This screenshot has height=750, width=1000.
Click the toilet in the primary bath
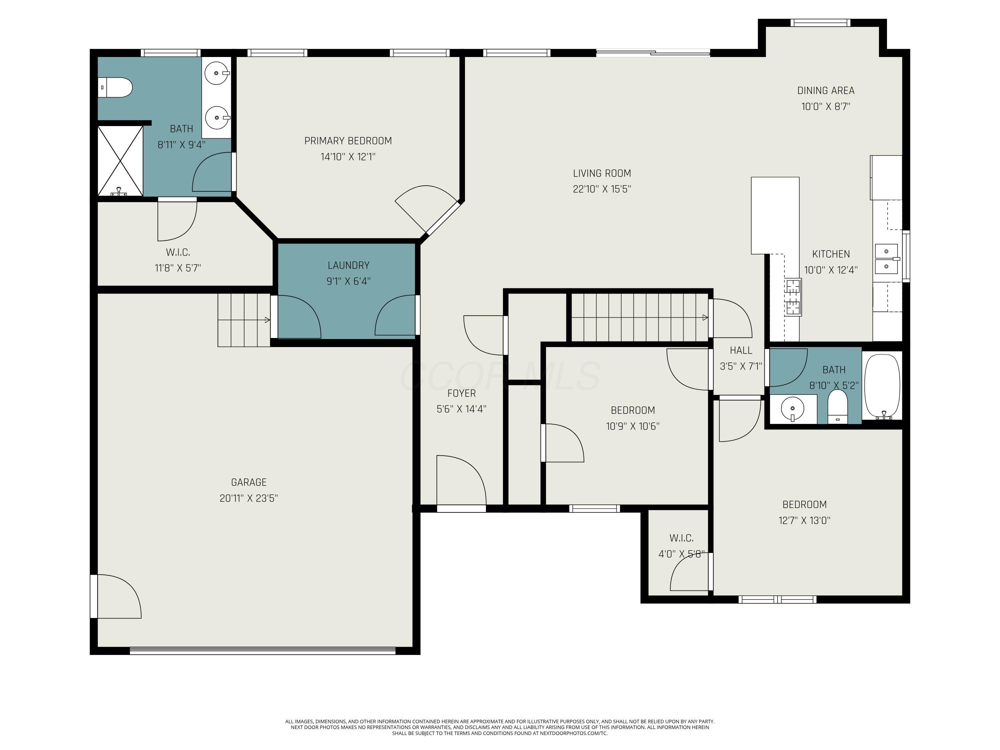(115, 87)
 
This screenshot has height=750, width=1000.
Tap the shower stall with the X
(120, 161)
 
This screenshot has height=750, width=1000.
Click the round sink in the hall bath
(792, 409)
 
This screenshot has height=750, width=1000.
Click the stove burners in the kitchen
(793, 297)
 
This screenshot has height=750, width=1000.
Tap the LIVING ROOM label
(602, 173)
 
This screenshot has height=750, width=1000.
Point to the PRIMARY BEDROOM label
(348, 141)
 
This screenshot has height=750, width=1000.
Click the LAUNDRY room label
(349, 265)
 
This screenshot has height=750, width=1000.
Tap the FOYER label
(462, 393)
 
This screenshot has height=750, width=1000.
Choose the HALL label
(741, 350)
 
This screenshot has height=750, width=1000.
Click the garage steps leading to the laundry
(244, 320)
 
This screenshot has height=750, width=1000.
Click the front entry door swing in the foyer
(461, 480)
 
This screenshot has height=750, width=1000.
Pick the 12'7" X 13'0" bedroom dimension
(804, 520)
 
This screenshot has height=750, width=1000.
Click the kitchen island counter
(775, 215)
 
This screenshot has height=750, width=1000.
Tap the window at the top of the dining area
(820, 23)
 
